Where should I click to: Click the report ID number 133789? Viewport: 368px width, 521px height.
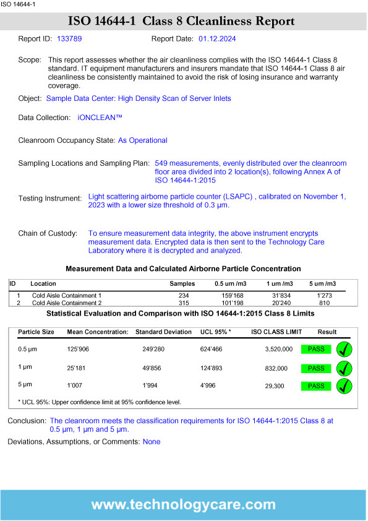click(69, 38)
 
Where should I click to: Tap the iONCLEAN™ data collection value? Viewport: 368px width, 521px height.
click(100, 117)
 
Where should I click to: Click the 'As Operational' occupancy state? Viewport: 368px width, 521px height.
click(142, 140)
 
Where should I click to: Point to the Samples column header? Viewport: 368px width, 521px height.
click(182, 283)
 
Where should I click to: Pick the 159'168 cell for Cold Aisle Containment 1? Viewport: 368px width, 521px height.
click(233, 296)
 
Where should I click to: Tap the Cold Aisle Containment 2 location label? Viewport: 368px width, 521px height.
click(66, 303)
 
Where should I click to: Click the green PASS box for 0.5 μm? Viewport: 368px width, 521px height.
click(316, 350)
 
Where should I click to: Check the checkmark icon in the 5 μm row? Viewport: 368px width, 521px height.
click(344, 386)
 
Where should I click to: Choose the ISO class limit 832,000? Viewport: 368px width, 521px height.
click(276, 368)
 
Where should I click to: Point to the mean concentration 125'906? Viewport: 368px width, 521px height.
click(78, 350)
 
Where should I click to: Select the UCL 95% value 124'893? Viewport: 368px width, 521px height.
click(212, 368)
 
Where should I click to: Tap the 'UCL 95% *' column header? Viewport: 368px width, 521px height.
click(216, 332)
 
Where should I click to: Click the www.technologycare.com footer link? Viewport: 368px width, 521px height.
click(183, 504)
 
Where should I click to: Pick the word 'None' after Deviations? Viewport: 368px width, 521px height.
click(152, 442)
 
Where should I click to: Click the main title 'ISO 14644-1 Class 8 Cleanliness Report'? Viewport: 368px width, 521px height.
click(183, 22)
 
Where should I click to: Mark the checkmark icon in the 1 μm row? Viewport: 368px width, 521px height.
click(344, 368)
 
